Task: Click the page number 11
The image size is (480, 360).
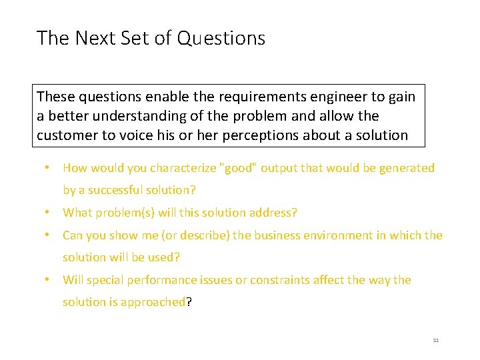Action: tap(436, 340)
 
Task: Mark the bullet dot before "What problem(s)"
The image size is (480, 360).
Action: tap(49, 213)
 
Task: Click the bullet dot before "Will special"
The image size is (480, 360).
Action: tap(49, 280)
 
